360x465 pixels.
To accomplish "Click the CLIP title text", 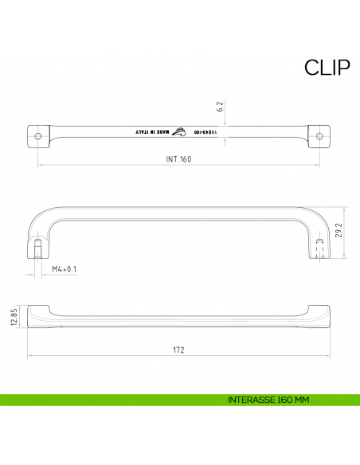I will [x=327, y=68].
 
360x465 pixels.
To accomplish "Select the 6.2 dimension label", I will [x=219, y=106].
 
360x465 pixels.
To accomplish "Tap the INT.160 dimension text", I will [x=179, y=159].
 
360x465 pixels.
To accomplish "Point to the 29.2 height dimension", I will [x=338, y=231].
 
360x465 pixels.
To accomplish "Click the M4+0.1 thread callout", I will [x=64, y=269].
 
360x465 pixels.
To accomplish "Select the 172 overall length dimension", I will [x=179, y=349].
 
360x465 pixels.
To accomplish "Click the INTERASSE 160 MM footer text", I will [x=267, y=399].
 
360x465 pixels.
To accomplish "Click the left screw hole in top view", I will [x=39, y=136].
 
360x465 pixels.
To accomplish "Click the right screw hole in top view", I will [x=320, y=136].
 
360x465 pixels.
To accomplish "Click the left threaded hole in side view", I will [x=37, y=245].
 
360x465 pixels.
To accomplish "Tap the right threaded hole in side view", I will [x=320, y=244].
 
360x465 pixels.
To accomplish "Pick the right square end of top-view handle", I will [x=320, y=136].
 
